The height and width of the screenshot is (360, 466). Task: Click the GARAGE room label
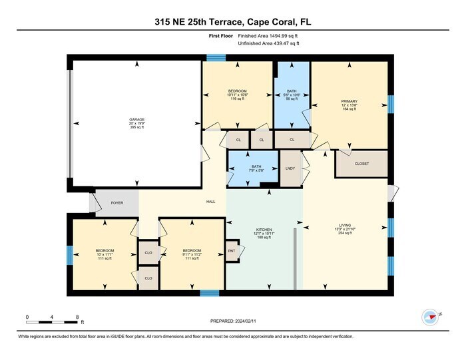point(136,120)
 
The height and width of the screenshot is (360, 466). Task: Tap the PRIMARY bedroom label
point(349,101)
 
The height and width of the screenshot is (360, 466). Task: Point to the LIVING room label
point(344,226)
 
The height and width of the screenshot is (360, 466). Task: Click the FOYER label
point(116,203)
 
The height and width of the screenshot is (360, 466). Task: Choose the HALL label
point(210,202)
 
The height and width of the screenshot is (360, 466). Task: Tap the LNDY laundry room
point(290,169)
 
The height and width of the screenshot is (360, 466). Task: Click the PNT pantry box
point(231,251)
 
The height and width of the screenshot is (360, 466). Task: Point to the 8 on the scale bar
point(77,316)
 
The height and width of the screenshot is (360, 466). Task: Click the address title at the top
point(232,22)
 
